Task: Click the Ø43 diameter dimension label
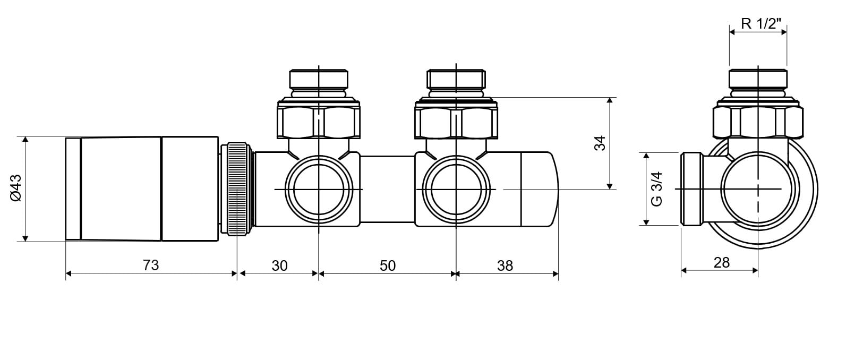pyautogui.click(x=16, y=188)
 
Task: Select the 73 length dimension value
pyautogui.click(x=151, y=265)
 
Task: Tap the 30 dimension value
pyautogui.click(x=279, y=265)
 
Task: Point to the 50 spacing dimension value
pyautogui.click(x=387, y=265)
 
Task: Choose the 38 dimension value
pyautogui.click(x=505, y=265)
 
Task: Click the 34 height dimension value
pyautogui.click(x=600, y=143)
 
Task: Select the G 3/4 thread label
pyautogui.click(x=656, y=188)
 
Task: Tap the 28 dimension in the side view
pyautogui.click(x=721, y=263)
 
